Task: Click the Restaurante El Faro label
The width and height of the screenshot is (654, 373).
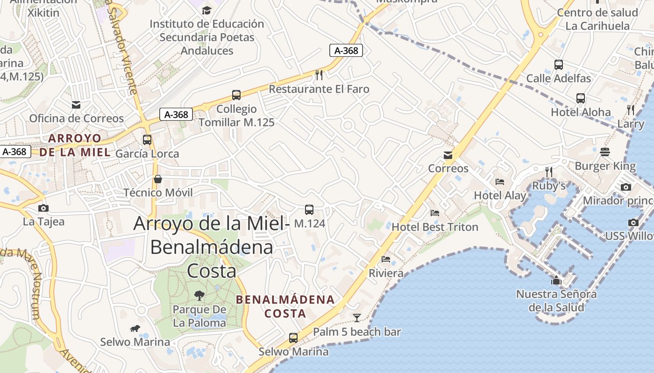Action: (x=319, y=89)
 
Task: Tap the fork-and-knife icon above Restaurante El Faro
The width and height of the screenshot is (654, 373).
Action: (x=319, y=75)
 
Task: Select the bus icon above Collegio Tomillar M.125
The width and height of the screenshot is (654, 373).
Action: (x=236, y=95)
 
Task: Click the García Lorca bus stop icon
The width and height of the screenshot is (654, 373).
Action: (x=147, y=139)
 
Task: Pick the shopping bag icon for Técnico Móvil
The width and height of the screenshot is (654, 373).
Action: (x=158, y=179)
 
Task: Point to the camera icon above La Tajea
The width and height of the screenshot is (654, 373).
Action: (x=43, y=208)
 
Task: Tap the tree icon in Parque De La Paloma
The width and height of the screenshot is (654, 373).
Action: (x=199, y=295)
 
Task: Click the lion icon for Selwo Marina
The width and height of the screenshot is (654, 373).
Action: (x=135, y=329)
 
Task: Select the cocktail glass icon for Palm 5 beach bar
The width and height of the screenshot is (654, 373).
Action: (x=357, y=318)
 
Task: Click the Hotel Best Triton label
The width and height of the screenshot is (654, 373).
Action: (x=435, y=227)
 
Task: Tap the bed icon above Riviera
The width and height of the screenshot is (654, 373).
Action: (x=386, y=259)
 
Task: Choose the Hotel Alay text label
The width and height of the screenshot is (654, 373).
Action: (x=500, y=195)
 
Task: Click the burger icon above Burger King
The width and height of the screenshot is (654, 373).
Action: (x=605, y=152)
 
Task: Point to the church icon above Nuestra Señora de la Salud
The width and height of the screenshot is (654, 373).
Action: (x=556, y=280)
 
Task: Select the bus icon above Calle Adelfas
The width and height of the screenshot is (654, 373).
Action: (x=558, y=65)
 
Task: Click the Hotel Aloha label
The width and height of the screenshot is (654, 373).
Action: (x=581, y=112)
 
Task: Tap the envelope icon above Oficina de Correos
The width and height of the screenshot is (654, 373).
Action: (x=76, y=105)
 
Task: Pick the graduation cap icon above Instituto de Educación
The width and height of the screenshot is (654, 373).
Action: (x=206, y=10)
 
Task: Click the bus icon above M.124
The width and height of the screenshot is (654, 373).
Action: (x=309, y=210)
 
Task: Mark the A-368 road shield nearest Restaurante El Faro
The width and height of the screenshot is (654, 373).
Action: (x=346, y=50)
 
